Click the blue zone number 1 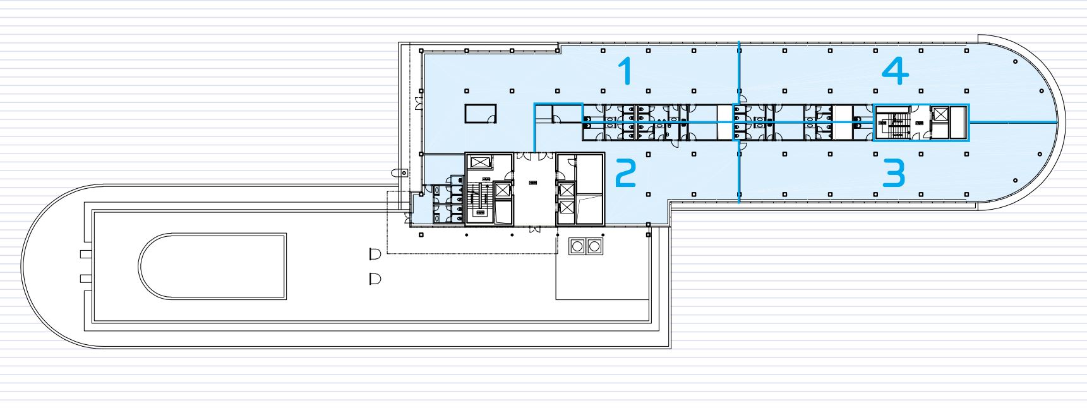point(626,71)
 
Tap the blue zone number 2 point(625,173)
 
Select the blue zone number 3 point(894,173)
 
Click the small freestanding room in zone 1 point(481,114)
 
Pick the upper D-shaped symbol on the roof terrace point(375,254)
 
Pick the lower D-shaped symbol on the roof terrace point(375,278)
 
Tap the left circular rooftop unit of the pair point(578,246)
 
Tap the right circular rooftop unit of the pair point(594,246)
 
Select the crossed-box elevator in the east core point(940,115)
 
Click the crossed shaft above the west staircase point(481,162)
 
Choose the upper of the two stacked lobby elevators point(567,189)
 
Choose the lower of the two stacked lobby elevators point(567,208)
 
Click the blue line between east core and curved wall point(1013,121)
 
